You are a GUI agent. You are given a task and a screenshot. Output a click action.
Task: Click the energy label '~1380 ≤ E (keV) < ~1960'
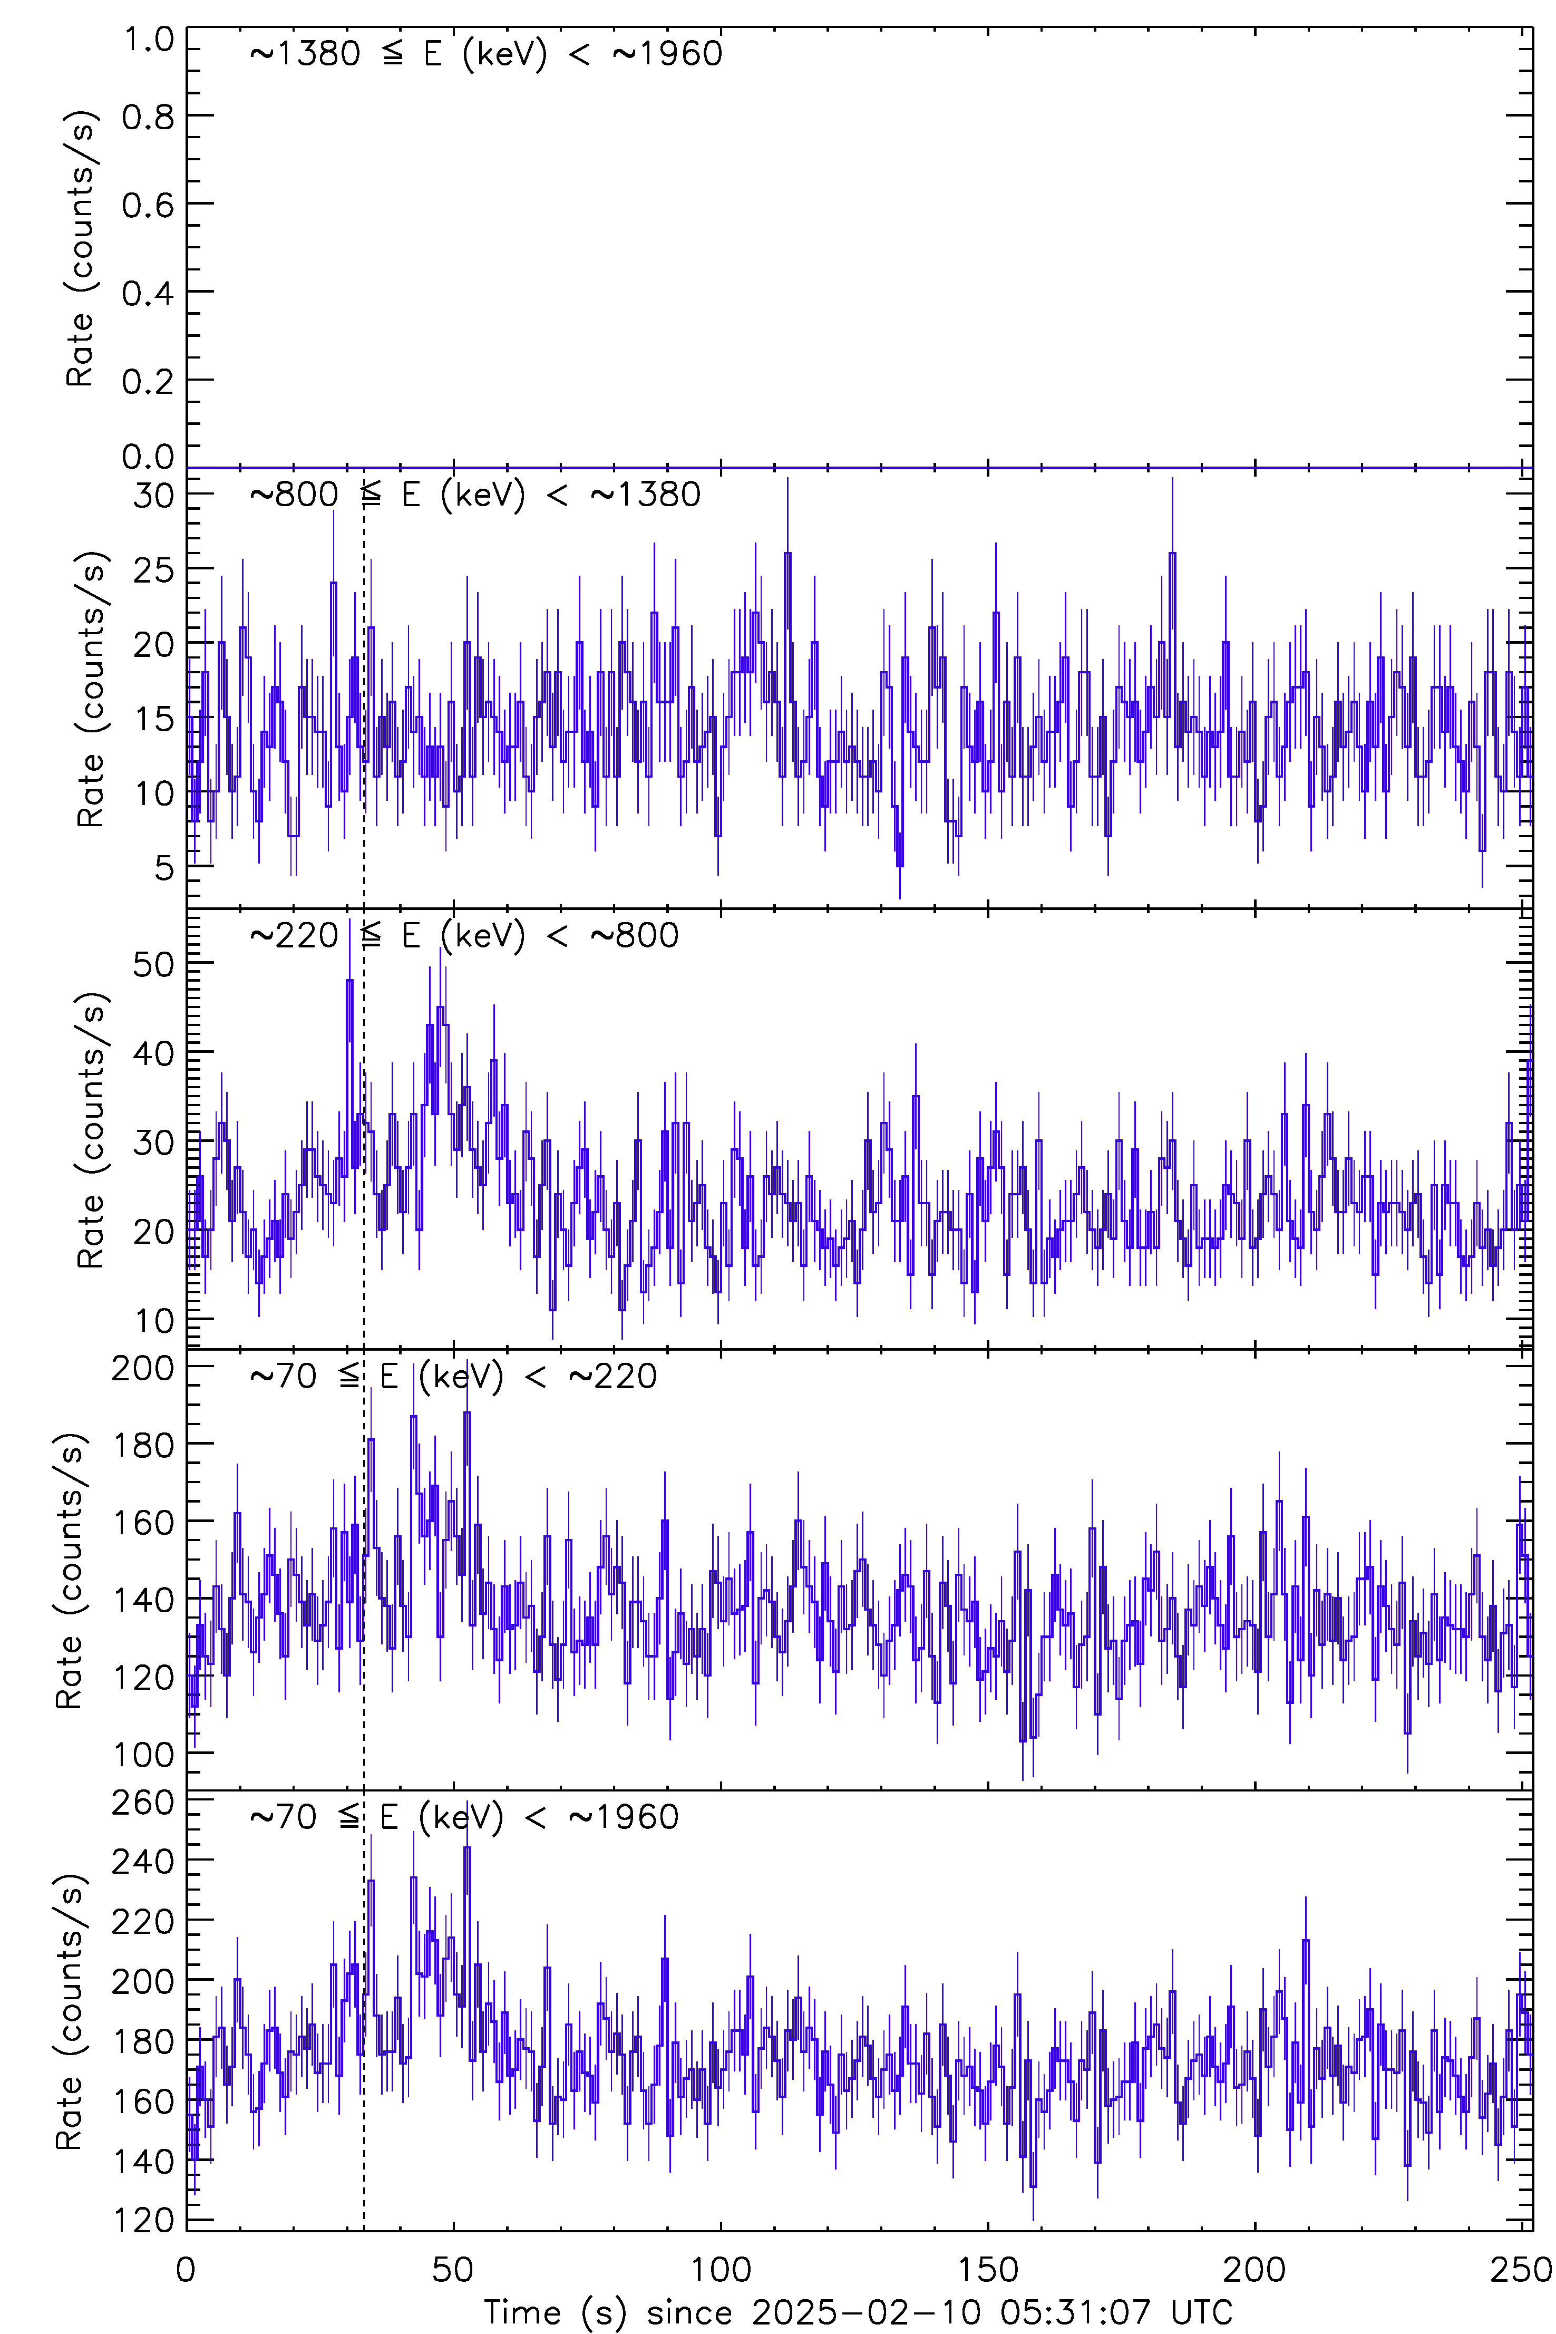point(486,54)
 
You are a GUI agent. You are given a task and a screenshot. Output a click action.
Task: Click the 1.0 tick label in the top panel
point(148,41)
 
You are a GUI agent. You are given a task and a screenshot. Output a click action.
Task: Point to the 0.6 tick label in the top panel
point(148,206)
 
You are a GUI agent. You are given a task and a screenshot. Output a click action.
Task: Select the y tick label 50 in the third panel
point(154,964)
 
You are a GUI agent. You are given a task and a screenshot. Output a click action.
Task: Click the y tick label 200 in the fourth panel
point(143,1369)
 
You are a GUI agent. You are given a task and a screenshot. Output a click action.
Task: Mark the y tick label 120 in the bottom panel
point(143,2220)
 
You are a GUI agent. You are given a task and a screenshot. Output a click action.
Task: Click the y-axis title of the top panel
point(80,248)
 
